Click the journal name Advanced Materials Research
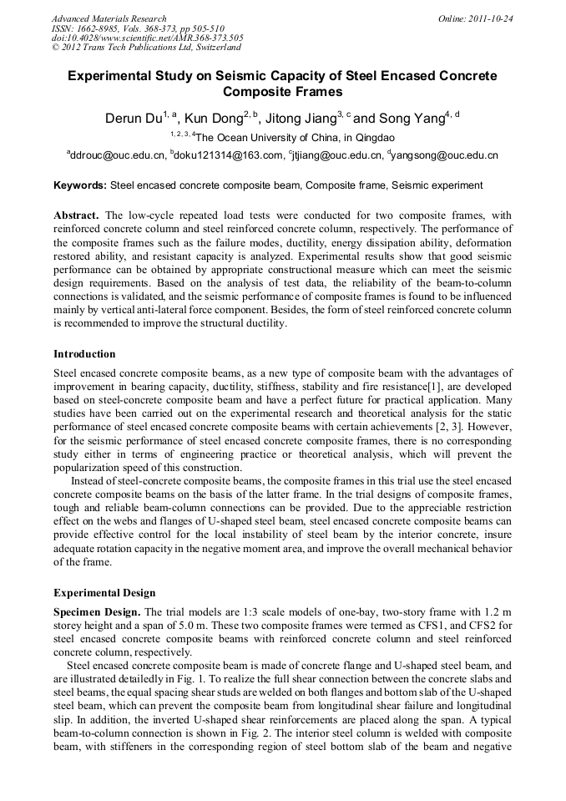tap(109, 18)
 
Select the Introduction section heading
tap(84, 354)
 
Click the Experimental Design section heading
tap(104, 593)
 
